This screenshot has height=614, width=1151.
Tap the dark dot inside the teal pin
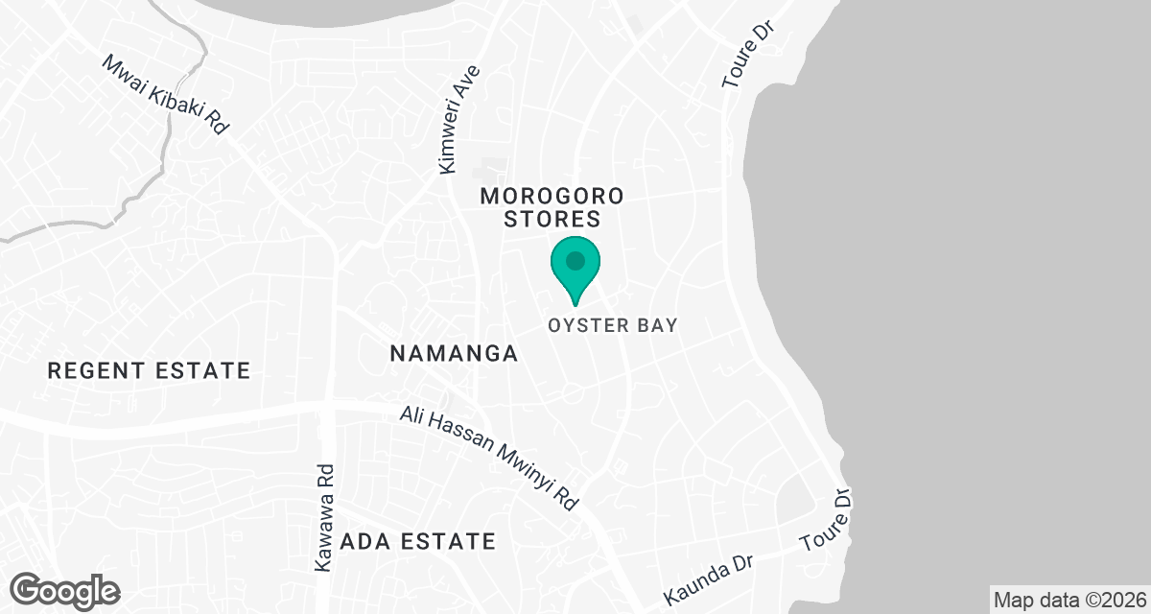click(575, 260)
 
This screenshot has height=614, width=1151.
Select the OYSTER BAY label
click(613, 325)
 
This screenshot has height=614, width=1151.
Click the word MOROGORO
click(552, 196)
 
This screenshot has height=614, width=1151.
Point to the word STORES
click(552, 219)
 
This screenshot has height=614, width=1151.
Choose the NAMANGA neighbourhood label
click(454, 354)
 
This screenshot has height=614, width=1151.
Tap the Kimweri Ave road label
click(458, 120)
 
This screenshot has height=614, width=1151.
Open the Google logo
click(65, 589)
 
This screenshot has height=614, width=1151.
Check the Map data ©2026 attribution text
click(1069, 601)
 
